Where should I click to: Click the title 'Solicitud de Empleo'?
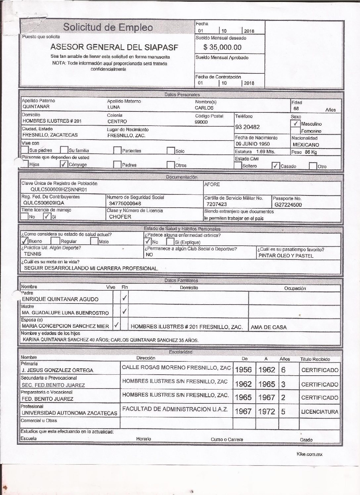click(108, 27)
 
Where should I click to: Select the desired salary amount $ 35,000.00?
click(222, 47)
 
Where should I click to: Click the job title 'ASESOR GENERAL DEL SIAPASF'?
click(114, 47)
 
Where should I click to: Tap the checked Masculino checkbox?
click(295, 124)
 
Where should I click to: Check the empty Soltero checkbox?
click(238, 165)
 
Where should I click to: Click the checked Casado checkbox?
click(275, 166)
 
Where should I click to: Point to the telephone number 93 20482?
click(247, 127)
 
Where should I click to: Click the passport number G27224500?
click(288, 205)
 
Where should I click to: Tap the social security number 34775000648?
click(125, 203)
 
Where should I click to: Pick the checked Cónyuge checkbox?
click(64, 164)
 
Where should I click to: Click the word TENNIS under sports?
click(33, 254)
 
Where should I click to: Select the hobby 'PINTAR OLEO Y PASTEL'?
click(286, 256)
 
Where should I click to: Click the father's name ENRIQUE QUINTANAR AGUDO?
click(60, 299)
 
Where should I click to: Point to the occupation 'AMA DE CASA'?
click(269, 327)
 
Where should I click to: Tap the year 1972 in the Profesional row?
click(266, 412)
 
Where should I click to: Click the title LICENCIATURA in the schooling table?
click(319, 412)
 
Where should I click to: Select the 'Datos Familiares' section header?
click(181, 281)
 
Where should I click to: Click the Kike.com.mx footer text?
click(309, 454)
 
